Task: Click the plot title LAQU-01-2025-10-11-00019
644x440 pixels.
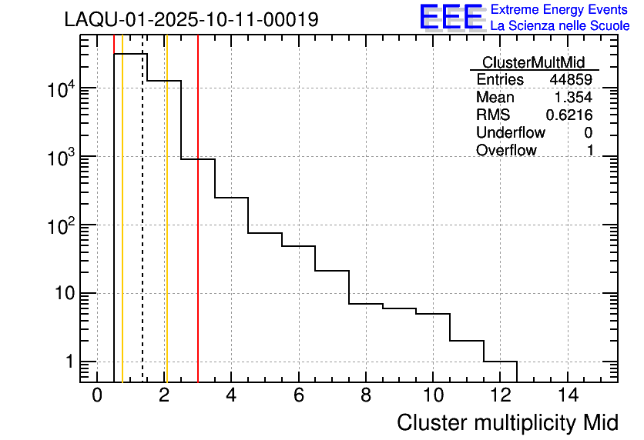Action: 191,20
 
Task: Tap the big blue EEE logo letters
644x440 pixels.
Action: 451,17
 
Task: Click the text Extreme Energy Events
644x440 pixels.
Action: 559,9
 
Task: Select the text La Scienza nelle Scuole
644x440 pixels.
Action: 559,25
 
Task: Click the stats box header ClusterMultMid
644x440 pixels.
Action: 533,62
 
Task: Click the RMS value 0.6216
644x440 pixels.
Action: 569,115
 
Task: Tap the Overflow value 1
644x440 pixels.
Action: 590,151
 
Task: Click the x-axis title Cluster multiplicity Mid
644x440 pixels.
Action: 507,422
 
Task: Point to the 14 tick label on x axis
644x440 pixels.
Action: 567,395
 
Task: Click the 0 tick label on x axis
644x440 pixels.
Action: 97,395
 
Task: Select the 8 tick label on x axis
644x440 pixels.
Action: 365,395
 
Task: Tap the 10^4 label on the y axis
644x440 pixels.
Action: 59,89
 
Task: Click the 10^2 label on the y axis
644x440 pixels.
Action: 59,226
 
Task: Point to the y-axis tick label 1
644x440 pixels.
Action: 69,362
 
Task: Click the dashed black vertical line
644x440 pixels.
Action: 143,231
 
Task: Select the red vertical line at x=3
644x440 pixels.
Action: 198,231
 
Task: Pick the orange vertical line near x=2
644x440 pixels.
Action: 166,231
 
